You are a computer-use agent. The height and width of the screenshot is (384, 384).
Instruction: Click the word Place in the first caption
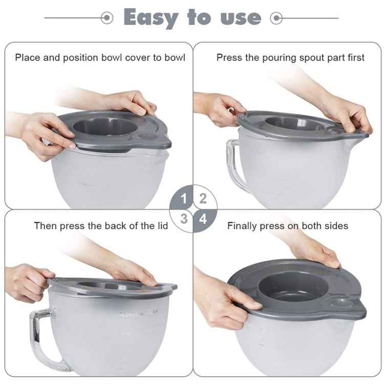click(x=27, y=57)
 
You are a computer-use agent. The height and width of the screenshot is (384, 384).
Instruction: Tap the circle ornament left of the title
click(x=106, y=18)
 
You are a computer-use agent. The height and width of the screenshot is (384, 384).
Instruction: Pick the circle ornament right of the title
click(x=277, y=18)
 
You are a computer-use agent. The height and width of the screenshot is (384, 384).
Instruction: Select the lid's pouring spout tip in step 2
click(x=365, y=135)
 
